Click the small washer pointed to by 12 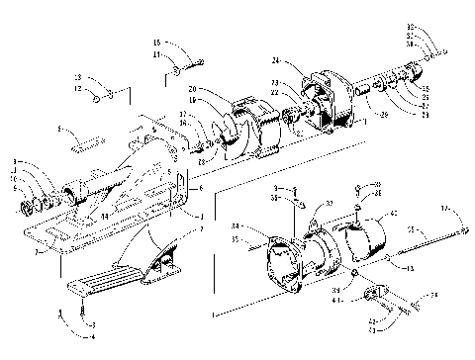98,97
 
